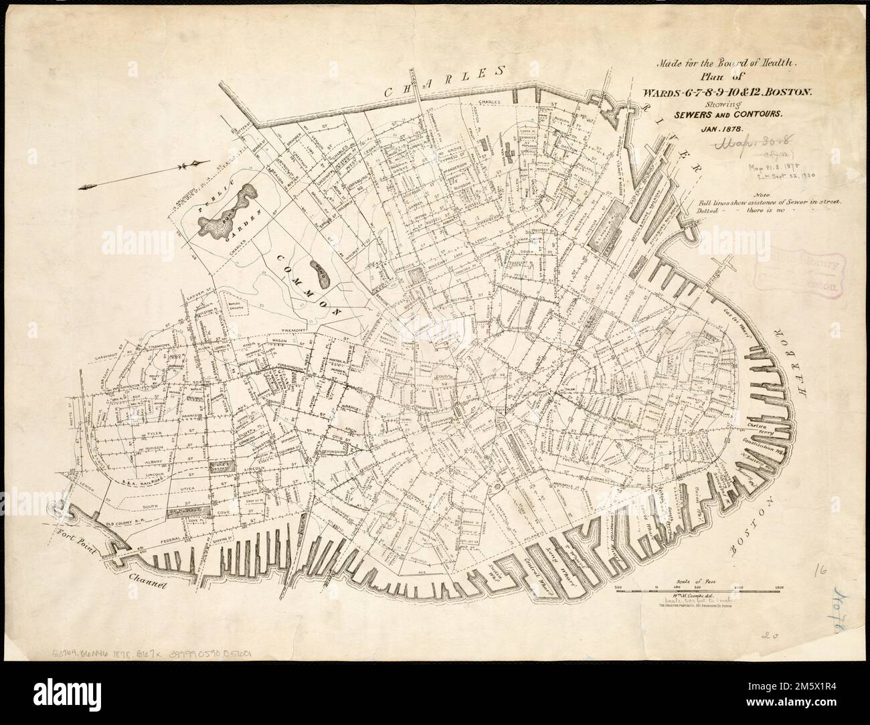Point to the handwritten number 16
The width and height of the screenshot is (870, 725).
click(820, 570)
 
